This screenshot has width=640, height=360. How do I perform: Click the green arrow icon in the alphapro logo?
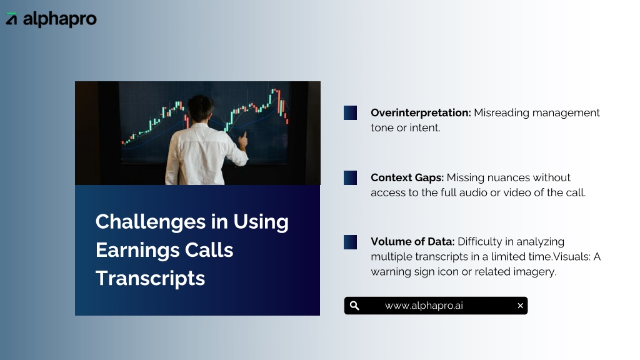[x=11, y=19]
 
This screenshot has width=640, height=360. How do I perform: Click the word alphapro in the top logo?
[x=59, y=19]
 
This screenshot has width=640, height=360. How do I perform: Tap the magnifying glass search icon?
[x=354, y=306]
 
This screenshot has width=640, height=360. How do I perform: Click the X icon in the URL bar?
[x=520, y=306]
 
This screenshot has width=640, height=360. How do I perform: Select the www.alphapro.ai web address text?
[x=424, y=306]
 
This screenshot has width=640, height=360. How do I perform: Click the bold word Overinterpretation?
[x=421, y=112]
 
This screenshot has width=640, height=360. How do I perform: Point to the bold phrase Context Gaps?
[x=407, y=177]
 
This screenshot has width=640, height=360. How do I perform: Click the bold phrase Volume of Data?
[x=412, y=242]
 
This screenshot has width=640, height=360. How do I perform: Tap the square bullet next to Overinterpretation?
[x=350, y=112]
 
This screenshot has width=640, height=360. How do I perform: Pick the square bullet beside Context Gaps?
[x=350, y=177]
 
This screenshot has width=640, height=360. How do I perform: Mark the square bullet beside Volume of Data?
[x=350, y=242]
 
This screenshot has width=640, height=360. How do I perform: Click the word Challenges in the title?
[x=151, y=222]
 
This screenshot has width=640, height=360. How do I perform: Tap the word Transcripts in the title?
[x=150, y=278]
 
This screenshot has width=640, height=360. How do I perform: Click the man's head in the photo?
[x=201, y=108]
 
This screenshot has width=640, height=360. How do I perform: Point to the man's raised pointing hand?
[x=243, y=141]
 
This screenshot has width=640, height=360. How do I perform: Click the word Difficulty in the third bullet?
[x=480, y=242]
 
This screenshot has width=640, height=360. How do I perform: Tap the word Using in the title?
[x=261, y=222]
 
